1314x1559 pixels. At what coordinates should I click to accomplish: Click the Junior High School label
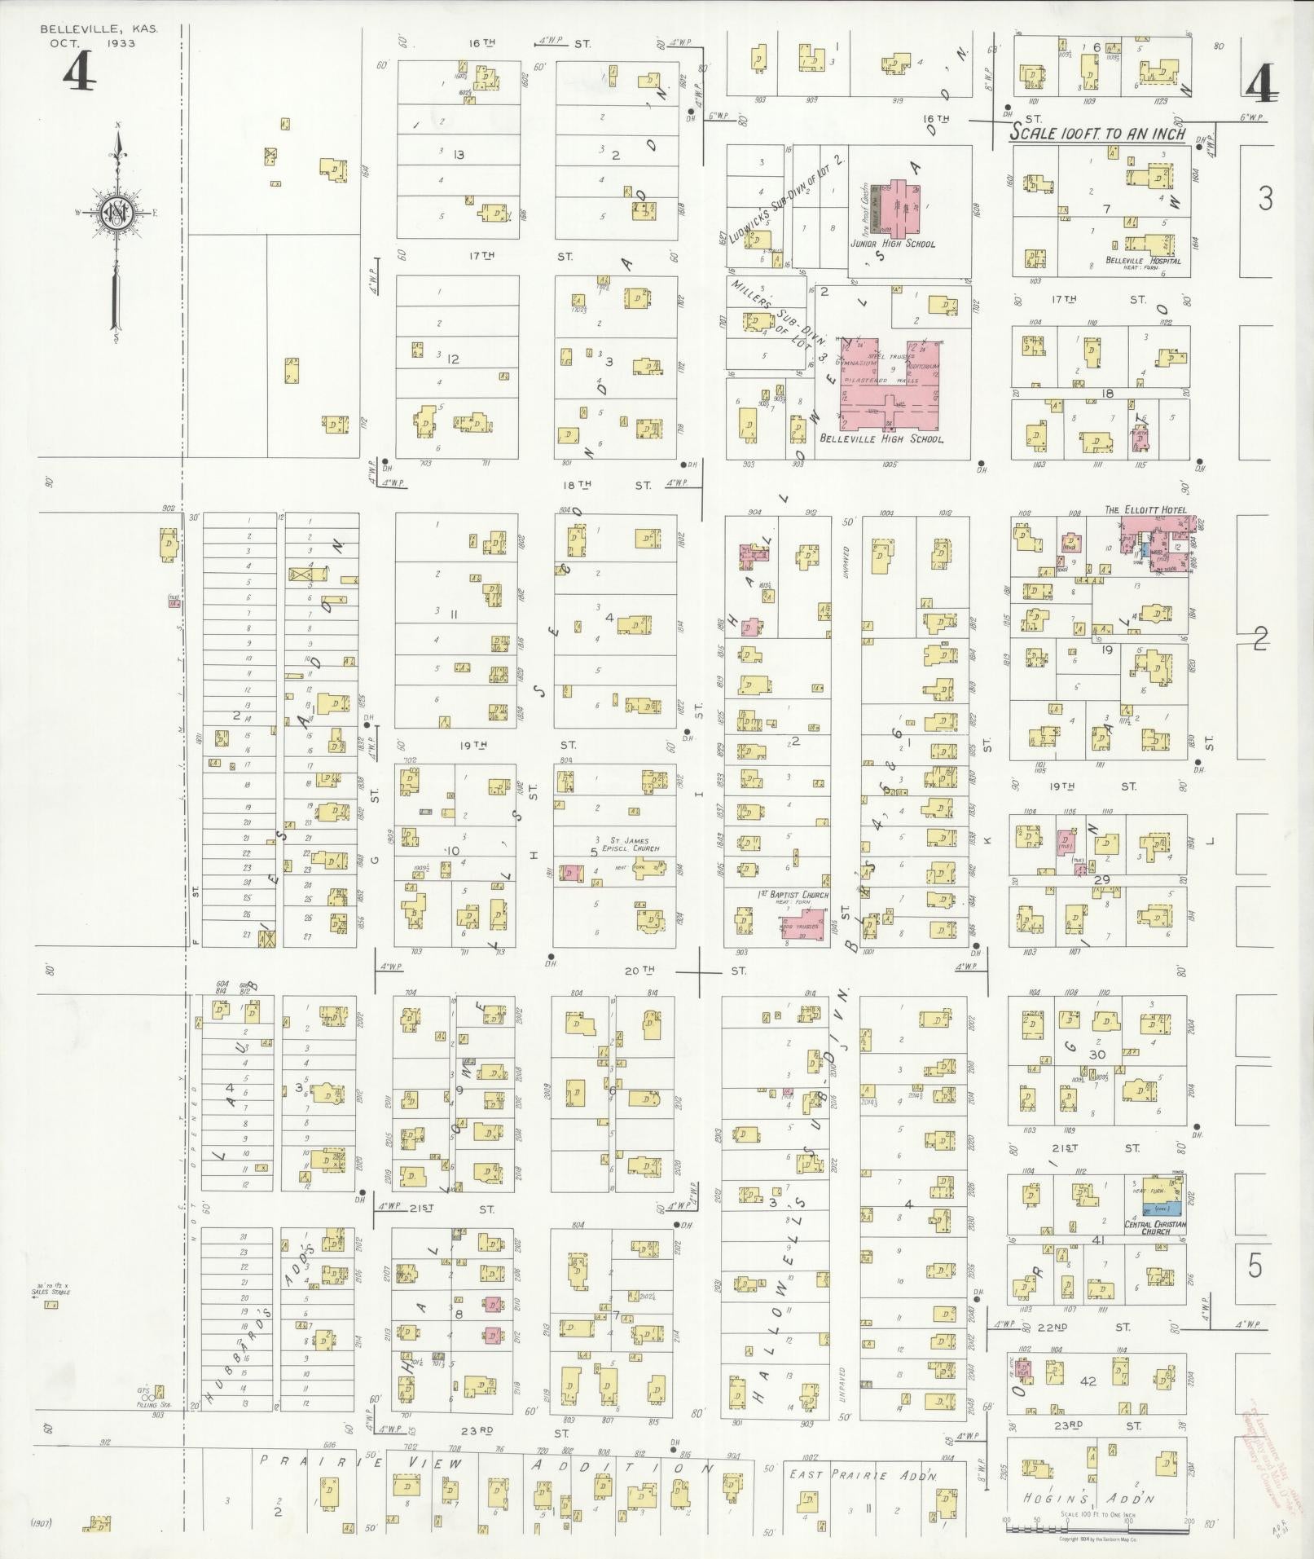point(892,244)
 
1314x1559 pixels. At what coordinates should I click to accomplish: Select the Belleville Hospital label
point(1143,261)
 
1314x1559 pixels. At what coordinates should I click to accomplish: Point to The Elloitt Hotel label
point(1145,510)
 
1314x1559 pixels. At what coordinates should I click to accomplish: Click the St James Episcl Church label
point(628,843)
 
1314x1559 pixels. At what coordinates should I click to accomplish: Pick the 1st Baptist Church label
point(792,895)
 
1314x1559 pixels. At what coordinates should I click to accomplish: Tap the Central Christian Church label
point(1155,1228)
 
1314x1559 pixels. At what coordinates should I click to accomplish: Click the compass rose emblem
point(116,213)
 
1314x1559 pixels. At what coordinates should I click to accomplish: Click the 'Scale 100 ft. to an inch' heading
point(1097,134)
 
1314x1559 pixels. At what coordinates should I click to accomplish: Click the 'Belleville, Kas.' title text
point(99,29)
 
